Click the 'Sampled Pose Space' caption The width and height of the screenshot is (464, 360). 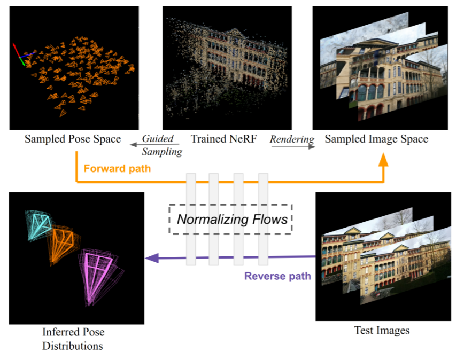[x=72, y=139]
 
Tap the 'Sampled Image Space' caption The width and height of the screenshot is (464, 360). [x=376, y=139]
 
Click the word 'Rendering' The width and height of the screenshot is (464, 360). [x=292, y=139]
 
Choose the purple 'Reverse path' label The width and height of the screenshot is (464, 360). [x=277, y=276]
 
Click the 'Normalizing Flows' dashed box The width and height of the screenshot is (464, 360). [x=231, y=219]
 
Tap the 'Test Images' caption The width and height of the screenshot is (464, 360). [x=382, y=331]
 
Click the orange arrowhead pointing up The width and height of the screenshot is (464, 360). [x=383, y=160]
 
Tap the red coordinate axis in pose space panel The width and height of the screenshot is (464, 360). [x=16, y=51]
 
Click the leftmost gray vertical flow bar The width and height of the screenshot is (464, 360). [x=191, y=219]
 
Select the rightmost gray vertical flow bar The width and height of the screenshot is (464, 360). [x=263, y=219]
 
